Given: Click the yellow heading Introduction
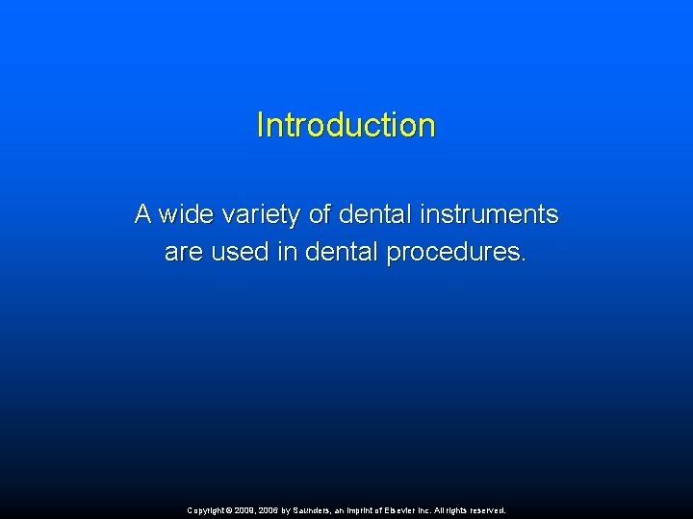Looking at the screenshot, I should click(346, 125).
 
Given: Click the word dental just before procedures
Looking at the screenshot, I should click(342, 253).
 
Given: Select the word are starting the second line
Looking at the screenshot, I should click(183, 253).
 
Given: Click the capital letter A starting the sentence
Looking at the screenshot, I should click(143, 213).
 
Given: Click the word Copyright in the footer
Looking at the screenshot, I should click(207, 510).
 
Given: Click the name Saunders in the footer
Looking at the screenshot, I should click(318, 510).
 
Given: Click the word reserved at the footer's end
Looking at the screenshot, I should click(486, 510).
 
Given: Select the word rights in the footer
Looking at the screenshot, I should click(456, 510).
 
